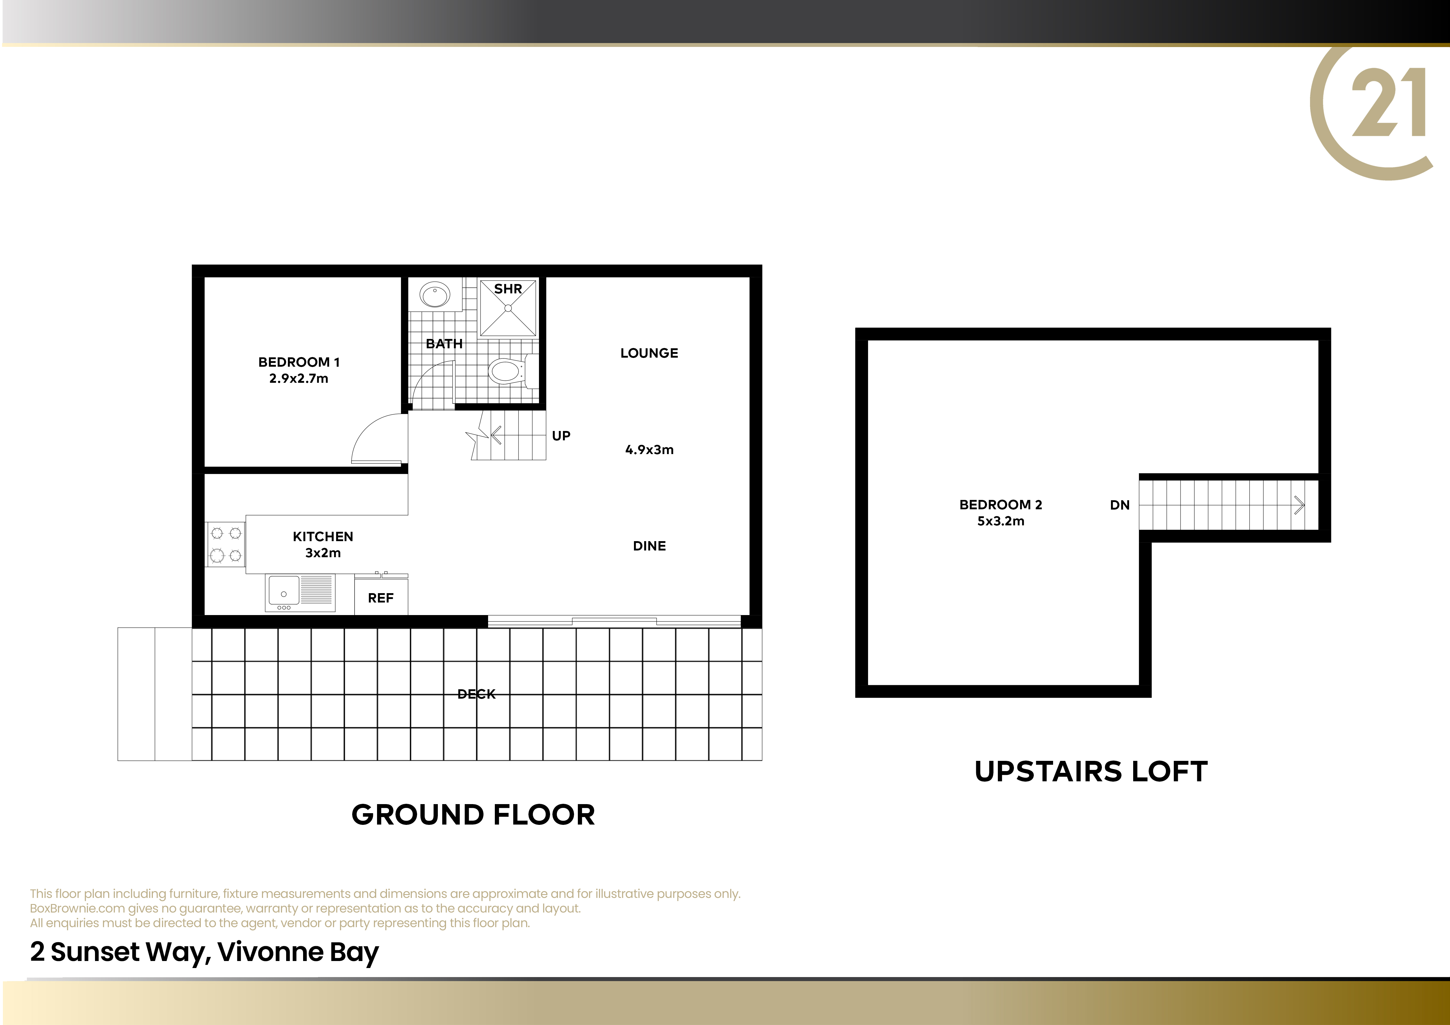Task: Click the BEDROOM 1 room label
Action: point(299,362)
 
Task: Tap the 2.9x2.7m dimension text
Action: point(299,379)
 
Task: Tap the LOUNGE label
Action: point(649,354)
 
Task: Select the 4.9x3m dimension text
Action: point(649,450)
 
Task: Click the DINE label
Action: point(649,546)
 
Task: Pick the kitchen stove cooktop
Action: point(225,544)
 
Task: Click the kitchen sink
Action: point(300,593)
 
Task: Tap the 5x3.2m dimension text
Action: point(1001,521)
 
